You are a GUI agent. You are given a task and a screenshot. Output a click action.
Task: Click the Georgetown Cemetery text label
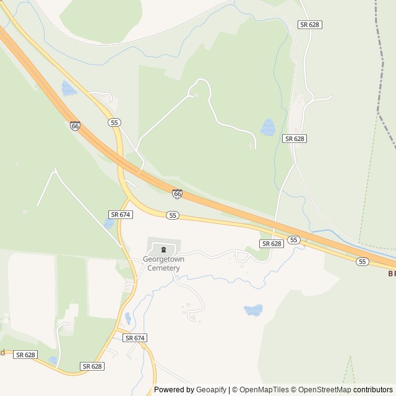(163, 264)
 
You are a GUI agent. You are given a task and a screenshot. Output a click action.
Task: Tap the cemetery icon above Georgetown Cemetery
(163, 250)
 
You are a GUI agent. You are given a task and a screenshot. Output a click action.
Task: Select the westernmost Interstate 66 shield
(75, 126)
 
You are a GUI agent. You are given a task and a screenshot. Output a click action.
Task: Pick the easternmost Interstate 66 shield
(178, 194)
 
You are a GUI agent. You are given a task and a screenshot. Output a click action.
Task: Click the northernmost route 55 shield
(114, 123)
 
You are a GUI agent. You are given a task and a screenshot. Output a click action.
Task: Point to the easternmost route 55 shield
(363, 262)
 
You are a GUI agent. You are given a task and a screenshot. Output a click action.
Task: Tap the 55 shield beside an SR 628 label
(294, 239)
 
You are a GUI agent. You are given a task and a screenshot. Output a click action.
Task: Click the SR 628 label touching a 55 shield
(272, 244)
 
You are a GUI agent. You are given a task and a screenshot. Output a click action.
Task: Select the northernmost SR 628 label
(310, 24)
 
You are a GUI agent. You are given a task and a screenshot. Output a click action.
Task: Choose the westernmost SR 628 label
(25, 355)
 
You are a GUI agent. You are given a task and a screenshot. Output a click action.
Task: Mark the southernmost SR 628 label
(92, 366)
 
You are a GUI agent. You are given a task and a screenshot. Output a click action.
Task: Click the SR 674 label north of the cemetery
(120, 214)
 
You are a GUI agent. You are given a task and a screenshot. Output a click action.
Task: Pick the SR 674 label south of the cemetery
(134, 338)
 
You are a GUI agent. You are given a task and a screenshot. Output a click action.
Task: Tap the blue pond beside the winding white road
(268, 127)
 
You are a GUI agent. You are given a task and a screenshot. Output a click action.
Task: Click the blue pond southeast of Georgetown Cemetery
(253, 310)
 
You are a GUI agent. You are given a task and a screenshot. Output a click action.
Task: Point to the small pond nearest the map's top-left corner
(68, 88)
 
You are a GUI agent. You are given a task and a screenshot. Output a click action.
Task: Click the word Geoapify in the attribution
(211, 390)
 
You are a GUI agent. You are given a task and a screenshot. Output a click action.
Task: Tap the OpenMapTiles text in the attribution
(264, 390)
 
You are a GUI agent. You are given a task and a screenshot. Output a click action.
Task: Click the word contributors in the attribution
(373, 390)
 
